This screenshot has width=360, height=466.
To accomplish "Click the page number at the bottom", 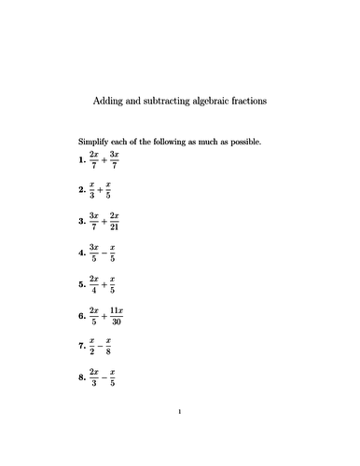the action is (179, 436).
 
